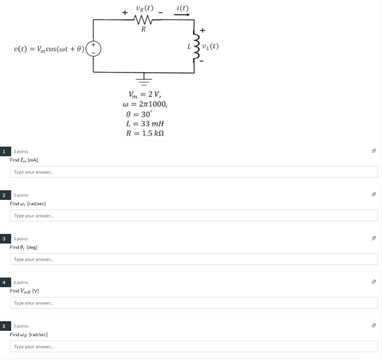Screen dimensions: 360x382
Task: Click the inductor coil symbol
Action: coord(194,47)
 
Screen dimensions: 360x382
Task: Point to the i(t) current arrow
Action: coord(182,15)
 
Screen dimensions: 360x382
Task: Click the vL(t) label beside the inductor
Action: coord(210,47)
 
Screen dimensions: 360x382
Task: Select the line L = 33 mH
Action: coord(145,123)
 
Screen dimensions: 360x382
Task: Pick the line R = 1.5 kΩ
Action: coord(145,134)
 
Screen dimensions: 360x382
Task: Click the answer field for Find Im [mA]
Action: coord(194,172)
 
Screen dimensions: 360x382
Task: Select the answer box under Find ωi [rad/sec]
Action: coord(194,216)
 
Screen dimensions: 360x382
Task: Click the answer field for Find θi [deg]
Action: coord(194,259)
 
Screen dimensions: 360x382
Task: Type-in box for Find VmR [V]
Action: coord(194,303)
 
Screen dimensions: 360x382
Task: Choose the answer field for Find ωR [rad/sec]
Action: coord(194,347)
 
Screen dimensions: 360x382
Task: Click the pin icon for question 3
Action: coord(373,238)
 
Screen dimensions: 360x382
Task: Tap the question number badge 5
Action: coord(4,326)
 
